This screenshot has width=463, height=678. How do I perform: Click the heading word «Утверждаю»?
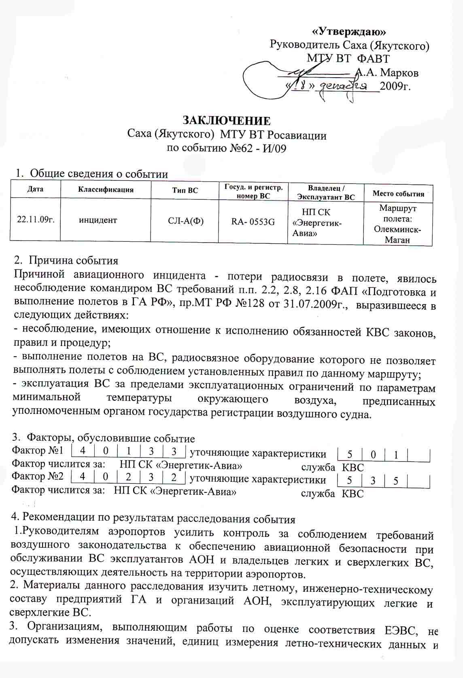pyautogui.click(x=350, y=32)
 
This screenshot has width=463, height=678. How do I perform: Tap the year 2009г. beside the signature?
pyautogui.click(x=395, y=87)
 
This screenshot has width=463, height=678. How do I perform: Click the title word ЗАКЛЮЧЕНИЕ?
pyautogui.click(x=227, y=121)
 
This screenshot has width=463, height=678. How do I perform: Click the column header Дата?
pyautogui.click(x=35, y=189)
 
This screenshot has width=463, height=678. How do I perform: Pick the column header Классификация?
pyautogui.click(x=106, y=190)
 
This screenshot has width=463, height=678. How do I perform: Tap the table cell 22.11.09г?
pyautogui.click(x=36, y=220)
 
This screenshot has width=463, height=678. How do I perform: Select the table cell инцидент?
pyautogui.click(x=98, y=220)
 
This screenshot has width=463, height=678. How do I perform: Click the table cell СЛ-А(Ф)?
pyautogui.click(x=185, y=221)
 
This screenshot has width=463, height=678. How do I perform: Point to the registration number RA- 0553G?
pyautogui.click(x=253, y=222)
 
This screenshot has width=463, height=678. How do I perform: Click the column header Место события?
pyautogui.click(x=398, y=194)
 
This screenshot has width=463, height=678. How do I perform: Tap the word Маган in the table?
pyautogui.click(x=397, y=240)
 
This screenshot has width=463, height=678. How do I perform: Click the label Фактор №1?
pyautogui.click(x=38, y=450)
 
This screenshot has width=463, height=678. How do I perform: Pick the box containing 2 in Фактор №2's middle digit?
pyautogui.click(x=128, y=477)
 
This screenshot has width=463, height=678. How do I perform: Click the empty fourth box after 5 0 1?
pyautogui.click(x=418, y=455)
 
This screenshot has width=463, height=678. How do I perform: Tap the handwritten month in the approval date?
pyautogui.click(x=344, y=86)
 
